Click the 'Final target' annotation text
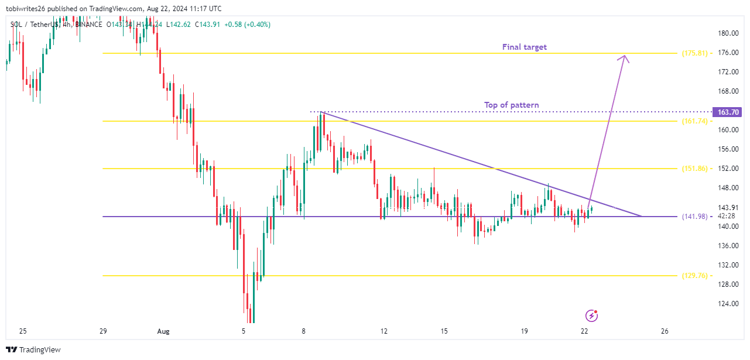click(524, 47)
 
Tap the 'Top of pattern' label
click(511, 105)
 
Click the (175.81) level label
click(694, 53)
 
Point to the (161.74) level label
click(694, 121)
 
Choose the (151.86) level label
click(694, 169)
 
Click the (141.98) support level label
click(694, 217)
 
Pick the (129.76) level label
click(694, 276)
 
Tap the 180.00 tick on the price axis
click(729, 33)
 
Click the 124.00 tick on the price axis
click(729, 304)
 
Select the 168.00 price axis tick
click(729, 91)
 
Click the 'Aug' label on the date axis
click(163, 331)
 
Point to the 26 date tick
click(664, 331)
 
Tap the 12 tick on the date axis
click(383, 331)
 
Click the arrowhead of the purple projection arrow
click(625, 57)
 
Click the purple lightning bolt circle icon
click(592, 316)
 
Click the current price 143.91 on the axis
click(728, 208)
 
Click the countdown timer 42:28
click(728, 216)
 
